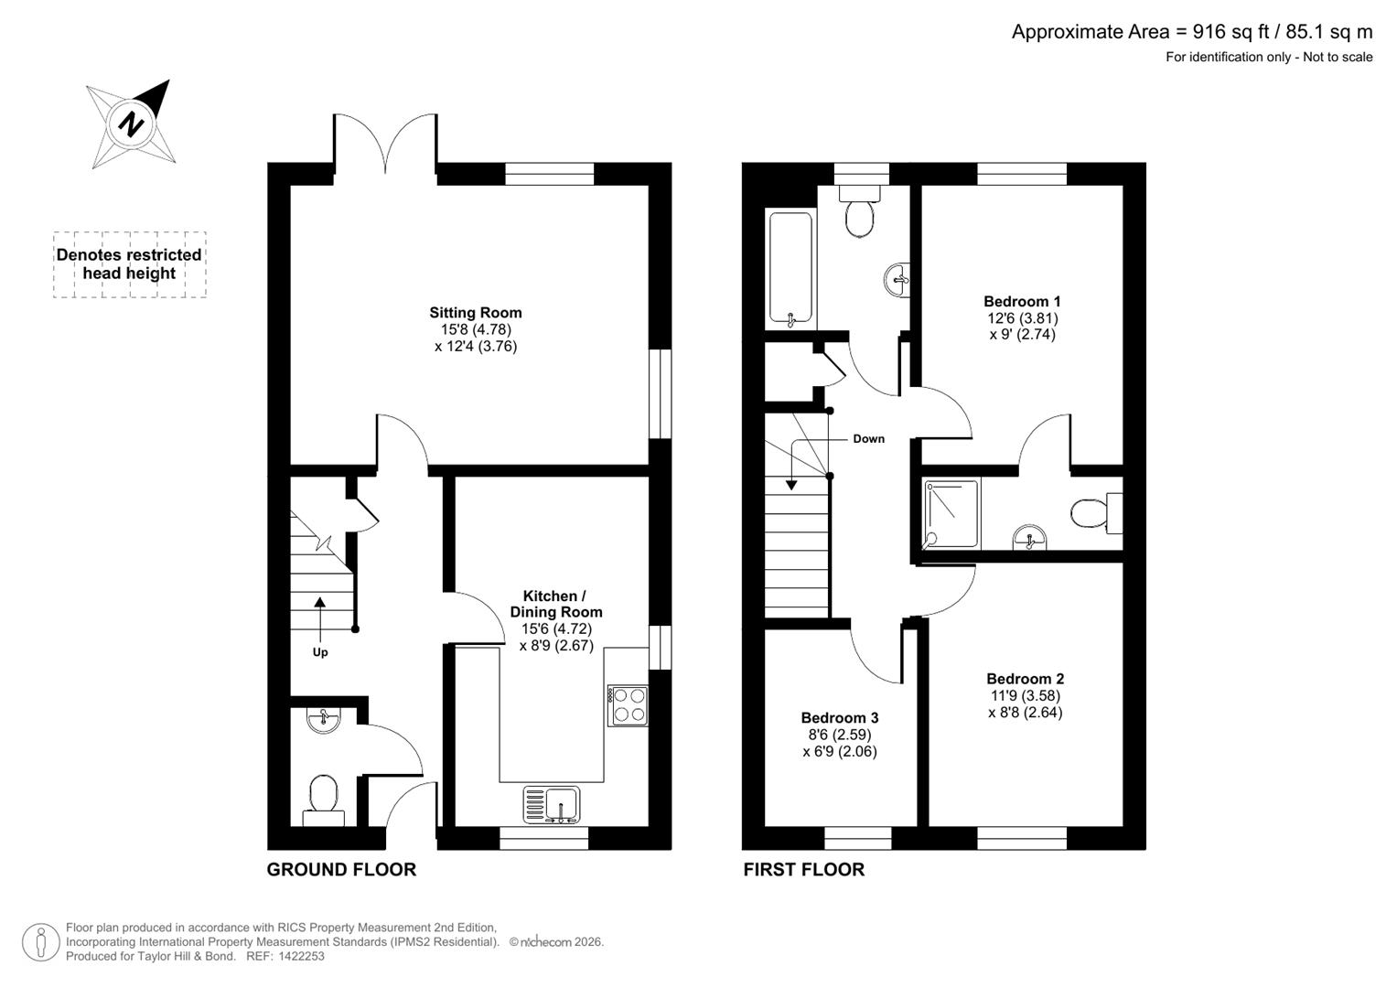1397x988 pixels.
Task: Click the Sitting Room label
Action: pyautogui.click(x=476, y=313)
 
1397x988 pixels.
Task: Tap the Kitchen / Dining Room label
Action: pyautogui.click(x=556, y=604)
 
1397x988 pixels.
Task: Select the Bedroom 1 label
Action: pyautogui.click(x=1022, y=301)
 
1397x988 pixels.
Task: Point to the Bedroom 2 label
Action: pyautogui.click(x=1025, y=679)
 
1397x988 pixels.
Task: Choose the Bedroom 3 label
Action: pyautogui.click(x=839, y=718)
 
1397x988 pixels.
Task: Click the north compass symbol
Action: pyautogui.click(x=132, y=123)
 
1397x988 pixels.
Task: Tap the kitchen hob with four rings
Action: pyautogui.click(x=628, y=705)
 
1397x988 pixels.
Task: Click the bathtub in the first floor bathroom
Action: pyautogui.click(x=790, y=269)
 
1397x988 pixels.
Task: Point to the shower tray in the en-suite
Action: pyautogui.click(x=951, y=513)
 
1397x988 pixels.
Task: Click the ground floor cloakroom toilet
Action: pyautogui.click(x=323, y=797)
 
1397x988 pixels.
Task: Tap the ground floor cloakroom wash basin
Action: pyautogui.click(x=323, y=719)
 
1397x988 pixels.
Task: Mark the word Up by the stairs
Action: pyautogui.click(x=320, y=652)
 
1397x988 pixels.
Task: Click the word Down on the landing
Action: pyautogui.click(x=868, y=439)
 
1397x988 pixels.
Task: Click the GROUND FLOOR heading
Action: pyautogui.click(x=341, y=869)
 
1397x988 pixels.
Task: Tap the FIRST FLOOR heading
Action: pyautogui.click(x=803, y=869)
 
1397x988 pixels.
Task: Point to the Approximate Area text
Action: pyautogui.click(x=1191, y=32)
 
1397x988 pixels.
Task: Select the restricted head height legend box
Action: pyautogui.click(x=129, y=264)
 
